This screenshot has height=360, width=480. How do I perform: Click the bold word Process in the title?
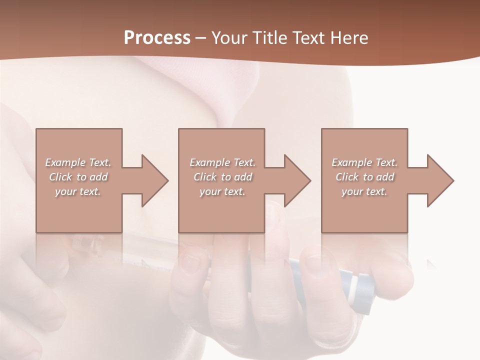(157, 38)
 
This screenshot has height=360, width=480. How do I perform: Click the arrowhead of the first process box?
(154, 180)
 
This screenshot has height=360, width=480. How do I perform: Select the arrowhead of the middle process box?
(296, 180)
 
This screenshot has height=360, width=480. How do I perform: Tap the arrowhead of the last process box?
(439, 180)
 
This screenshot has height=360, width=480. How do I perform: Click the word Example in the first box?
(65, 162)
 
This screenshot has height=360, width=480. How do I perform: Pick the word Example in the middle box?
(210, 162)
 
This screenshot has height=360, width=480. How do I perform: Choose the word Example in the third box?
(352, 162)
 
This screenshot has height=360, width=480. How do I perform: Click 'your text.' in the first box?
(78, 191)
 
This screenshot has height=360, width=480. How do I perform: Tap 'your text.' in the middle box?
(222, 191)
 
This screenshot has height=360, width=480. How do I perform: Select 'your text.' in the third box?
(364, 191)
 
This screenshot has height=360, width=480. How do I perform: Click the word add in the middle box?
(243, 177)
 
